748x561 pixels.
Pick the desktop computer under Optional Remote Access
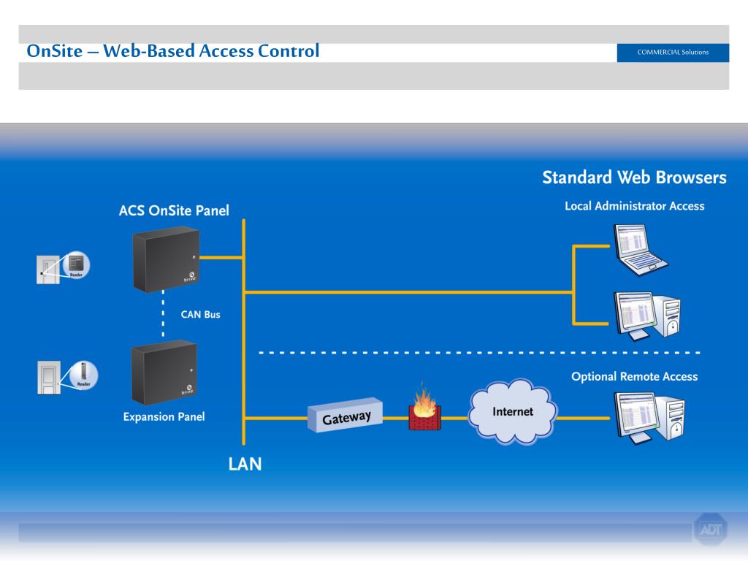649,419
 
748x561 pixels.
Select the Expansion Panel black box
164,373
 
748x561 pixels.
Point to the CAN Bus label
200,315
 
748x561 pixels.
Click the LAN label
245,464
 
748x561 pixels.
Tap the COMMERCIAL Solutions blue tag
672,53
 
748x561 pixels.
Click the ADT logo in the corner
709,530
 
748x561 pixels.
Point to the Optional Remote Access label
634,377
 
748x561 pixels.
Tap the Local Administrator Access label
634,206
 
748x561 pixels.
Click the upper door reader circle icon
76,264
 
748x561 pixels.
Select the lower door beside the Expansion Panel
48,378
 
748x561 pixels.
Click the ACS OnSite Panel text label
174,210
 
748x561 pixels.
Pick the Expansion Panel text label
164,417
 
